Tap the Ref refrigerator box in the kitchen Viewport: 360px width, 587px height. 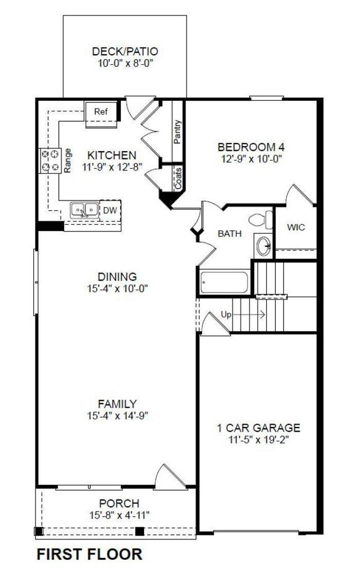tap(100, 112)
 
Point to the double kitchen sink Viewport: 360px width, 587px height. tap(84, 210)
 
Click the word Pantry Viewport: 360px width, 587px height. tap(178, 132)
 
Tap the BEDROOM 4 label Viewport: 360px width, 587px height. tap(247, 147)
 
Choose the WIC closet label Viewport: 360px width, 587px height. tap(296, 227)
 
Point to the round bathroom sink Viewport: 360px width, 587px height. tap(264, 244)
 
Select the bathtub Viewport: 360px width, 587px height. tap(224, 282)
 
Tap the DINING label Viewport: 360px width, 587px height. tap(116, 276)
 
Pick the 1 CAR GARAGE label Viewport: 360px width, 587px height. tap(258, 428)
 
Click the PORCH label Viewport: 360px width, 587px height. tap(119, 503)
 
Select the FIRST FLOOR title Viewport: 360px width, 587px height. tap(89, 554)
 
